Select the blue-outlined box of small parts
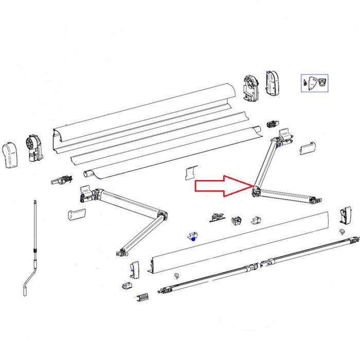click(x=314, y=83)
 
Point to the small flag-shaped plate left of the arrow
click(x=191, y=172)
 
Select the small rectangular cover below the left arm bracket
click(x=75, y=214)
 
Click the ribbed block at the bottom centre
click(x=143, y=298)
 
